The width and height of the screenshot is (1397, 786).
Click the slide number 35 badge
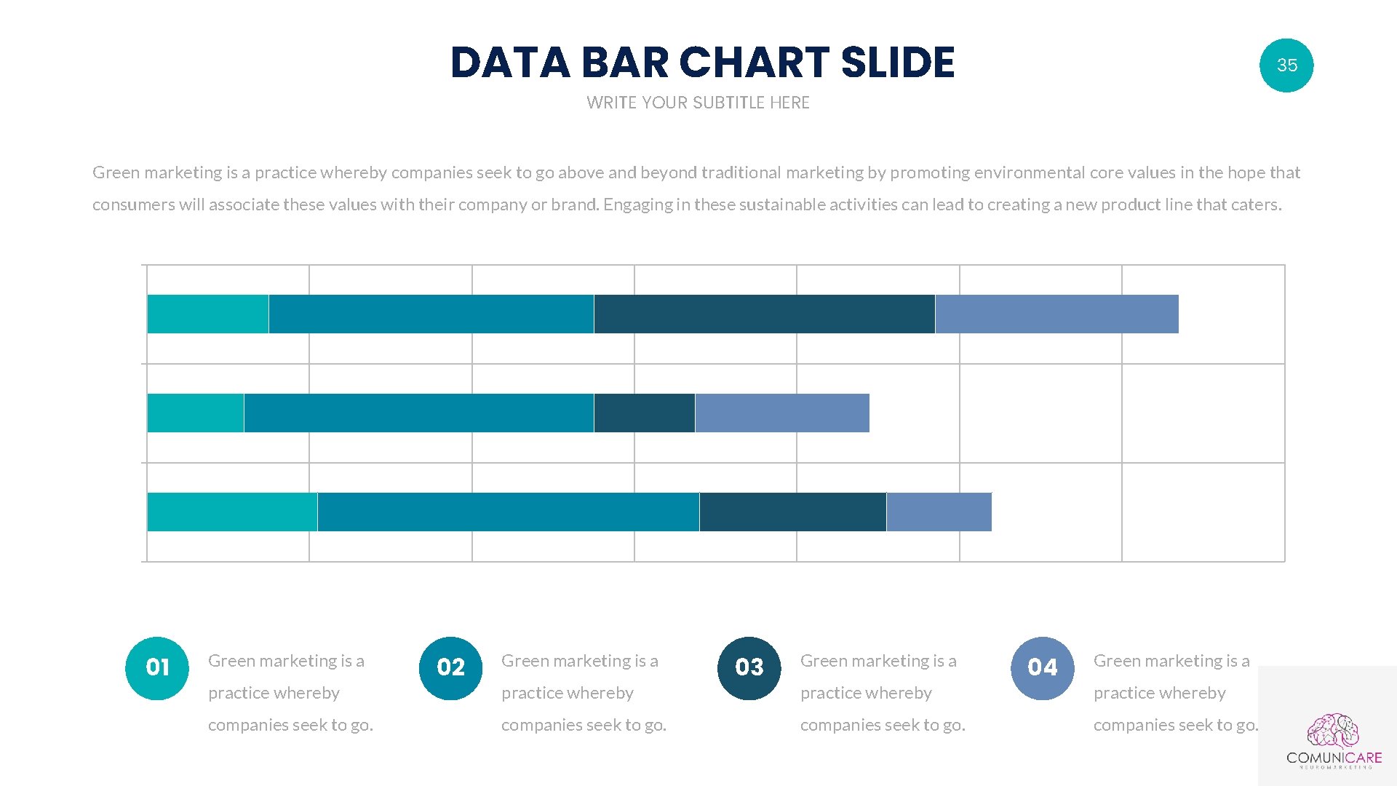(1286, 65)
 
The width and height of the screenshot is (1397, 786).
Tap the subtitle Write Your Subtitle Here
(698, 103)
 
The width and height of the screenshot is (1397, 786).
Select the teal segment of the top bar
(207, 314)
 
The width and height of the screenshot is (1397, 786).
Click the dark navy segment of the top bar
(764, 314)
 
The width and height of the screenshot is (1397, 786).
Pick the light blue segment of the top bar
(1056, 314)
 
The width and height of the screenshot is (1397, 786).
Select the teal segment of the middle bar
(195, 413)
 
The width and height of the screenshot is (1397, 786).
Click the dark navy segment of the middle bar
(644, 413)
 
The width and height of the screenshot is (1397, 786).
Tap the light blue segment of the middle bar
(782, 413)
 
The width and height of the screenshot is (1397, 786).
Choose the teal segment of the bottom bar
(232, 512)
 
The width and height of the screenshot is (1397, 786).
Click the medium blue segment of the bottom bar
(508, 512)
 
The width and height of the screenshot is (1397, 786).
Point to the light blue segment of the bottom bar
(939, 512)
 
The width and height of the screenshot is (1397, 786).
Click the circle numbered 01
(157, 668)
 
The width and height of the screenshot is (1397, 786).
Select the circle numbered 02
(450, 668)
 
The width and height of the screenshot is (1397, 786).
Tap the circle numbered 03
(749, 668)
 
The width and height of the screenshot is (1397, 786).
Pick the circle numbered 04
(1042, 668)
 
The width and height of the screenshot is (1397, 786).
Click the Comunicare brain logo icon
(1333, 731)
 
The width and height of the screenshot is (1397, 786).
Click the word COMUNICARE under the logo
(1334, 758)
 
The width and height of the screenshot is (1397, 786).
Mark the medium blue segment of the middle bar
(418, 413)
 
